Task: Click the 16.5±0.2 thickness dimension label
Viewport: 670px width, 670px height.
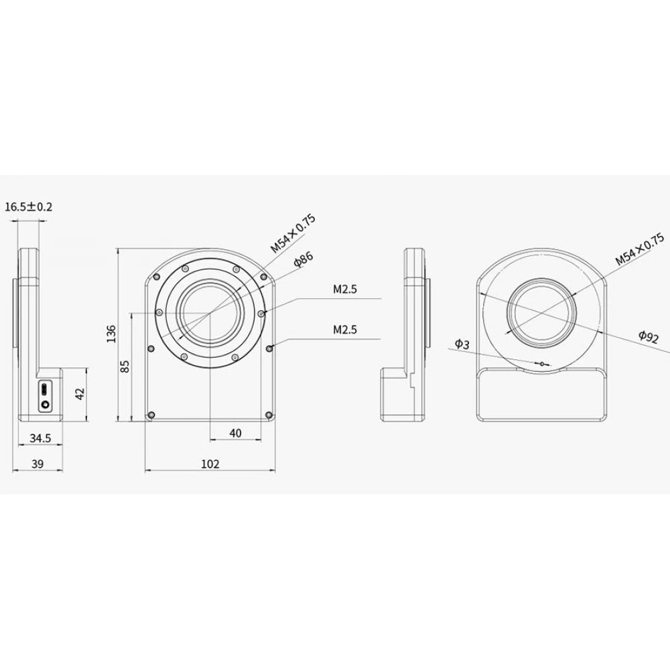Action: tap(28, 207)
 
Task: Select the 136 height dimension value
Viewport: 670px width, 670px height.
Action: tap(111, 333)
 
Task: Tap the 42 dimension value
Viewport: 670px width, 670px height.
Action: tap(80, 394)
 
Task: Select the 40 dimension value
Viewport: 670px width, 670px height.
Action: tap(235, 433)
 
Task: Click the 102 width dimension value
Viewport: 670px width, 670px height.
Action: tap(210, 464)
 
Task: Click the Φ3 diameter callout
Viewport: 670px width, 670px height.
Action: tap(462, 344)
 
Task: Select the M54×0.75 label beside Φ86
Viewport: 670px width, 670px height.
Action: tap(293, 233)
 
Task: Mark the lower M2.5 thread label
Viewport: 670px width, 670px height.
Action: tap(346, 330)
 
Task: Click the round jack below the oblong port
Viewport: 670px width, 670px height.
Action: tap(45, 405)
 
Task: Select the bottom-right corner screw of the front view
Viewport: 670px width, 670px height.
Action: tap(268, 415)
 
